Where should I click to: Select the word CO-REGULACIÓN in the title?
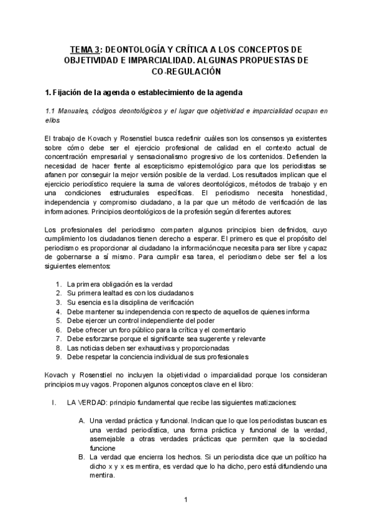pos(186,72)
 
